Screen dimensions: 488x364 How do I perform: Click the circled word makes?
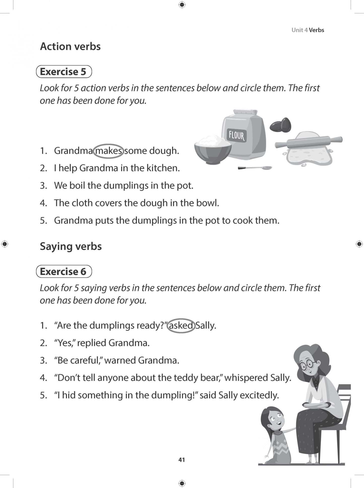pos(108,151)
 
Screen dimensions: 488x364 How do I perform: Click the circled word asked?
pos(181,326)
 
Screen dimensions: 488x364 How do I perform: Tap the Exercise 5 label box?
pos(64,72)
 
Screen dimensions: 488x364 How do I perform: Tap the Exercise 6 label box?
pos(64,272)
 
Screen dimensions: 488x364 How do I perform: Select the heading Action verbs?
pos(70,47)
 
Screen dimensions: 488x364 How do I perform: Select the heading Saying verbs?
pos(71,246)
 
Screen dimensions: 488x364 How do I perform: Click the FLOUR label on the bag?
pos(236,135)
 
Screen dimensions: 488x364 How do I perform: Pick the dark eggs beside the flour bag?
pos(281,125)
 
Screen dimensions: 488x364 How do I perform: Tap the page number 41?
pos(182,460)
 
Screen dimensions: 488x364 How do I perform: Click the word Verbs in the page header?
pos(316,30)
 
